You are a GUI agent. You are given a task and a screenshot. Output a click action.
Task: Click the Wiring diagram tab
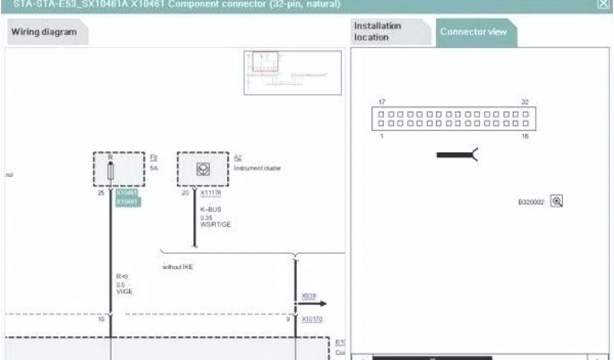pos(44,32)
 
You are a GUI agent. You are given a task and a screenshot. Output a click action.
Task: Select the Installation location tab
pos(378,32)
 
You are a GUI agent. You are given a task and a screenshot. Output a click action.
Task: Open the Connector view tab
pos(474,32)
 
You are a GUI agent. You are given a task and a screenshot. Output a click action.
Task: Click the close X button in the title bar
pos(602,4)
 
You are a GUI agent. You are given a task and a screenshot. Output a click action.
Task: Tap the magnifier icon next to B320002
pos(557,202)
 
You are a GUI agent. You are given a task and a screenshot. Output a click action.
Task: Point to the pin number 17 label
pos(382,102)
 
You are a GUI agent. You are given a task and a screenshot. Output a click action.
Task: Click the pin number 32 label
pos(525,102)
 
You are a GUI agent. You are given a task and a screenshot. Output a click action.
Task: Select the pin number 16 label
pos(525,137)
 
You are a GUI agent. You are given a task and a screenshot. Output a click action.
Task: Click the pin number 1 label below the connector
pos(381,137)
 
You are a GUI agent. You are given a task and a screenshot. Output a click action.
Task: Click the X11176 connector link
pos(210,194)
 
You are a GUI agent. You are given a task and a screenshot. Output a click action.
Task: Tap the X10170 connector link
pos(312,320)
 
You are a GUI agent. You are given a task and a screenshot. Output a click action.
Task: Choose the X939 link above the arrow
pos(308,296)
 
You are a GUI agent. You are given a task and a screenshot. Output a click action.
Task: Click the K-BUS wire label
pos(210,210)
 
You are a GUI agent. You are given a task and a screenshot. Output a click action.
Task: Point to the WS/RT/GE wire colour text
pos(215,224)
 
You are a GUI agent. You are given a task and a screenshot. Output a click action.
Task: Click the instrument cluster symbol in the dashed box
pos(203,170)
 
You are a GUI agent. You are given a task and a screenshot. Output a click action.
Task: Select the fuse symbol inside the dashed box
pos(111,170)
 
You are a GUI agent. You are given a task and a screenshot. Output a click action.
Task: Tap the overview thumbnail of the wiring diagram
pos(292,73)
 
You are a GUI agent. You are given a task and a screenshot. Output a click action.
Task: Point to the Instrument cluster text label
pos(257,169)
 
